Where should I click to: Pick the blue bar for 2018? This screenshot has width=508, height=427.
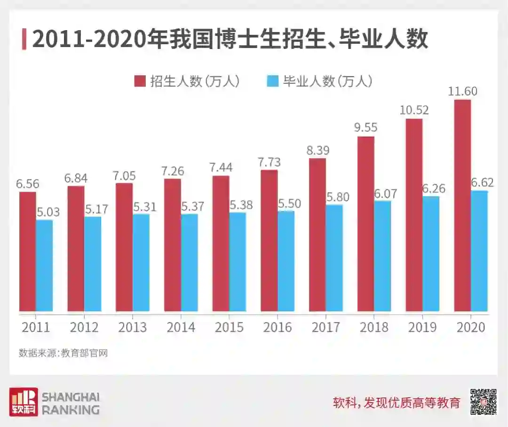pos(382,256)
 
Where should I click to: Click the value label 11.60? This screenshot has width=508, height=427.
pos(462,91)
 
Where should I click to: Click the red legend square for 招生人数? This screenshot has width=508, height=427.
pos(140,81)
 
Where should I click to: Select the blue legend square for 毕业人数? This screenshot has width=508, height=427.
pos(272,81)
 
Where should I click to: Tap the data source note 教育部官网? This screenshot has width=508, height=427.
pos(63,353)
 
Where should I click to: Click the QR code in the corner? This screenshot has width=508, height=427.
pos(484,402)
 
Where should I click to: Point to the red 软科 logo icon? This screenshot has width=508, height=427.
pos(24,402)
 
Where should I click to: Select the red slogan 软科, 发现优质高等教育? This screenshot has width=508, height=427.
pos(396,403)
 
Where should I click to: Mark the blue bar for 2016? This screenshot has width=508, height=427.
pos(286,261)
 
